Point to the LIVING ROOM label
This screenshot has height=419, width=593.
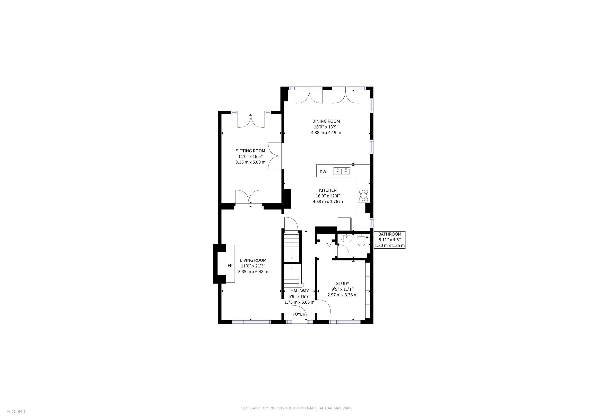pos(253,260)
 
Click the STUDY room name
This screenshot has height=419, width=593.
pos(343,284)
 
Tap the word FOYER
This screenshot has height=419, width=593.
pos(299,314)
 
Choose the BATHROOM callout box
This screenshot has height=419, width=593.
pos(389,240)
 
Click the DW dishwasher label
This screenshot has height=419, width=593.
pos(323,172)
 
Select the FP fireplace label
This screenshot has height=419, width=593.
pos(230,266)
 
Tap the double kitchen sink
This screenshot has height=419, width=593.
pos(342,171)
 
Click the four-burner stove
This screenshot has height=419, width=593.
pos(363,195)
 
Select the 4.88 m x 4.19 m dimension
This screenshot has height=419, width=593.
pos(326,133)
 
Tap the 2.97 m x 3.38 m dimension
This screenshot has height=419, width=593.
pos(343,295)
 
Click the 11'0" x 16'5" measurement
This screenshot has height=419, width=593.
pos(250,157)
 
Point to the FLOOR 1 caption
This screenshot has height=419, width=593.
pos(16,411)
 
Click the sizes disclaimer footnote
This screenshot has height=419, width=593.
pos(296,408)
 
